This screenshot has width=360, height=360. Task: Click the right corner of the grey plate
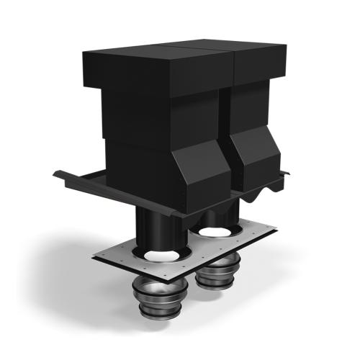pyautogui.click(x=276, y=228)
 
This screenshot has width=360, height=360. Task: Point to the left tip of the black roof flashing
pyautogui.click(x=55, y=172)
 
